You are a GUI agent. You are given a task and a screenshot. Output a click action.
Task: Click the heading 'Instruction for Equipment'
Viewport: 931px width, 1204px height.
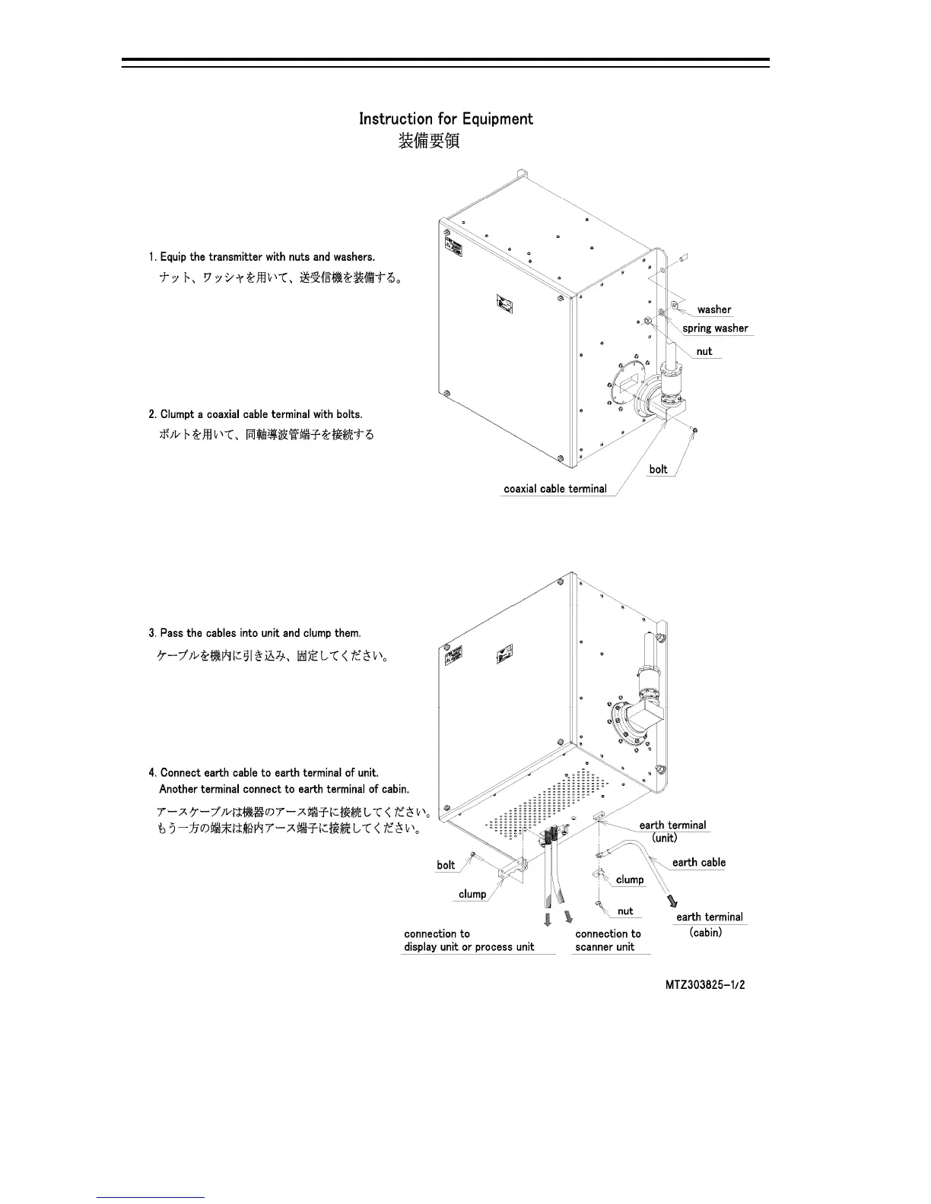[446, 119]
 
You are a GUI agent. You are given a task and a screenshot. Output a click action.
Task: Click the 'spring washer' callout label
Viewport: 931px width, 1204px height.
[715, 328]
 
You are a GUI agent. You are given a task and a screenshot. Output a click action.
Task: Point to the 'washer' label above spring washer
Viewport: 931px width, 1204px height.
[713, 309]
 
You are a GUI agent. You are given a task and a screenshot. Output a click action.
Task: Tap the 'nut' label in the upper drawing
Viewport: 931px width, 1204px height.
[704, 351]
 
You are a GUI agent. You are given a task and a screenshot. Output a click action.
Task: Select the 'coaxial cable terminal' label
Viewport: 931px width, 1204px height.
[555, 489]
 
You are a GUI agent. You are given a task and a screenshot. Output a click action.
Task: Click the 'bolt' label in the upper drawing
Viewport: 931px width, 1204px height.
[658, 469]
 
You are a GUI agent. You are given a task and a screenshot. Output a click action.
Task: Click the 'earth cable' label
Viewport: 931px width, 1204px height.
[698, 862]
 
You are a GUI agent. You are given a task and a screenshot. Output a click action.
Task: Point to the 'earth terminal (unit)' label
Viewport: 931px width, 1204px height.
[672, 831]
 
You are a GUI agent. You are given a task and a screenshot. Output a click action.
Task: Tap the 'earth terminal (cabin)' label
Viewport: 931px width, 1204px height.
[709, 924]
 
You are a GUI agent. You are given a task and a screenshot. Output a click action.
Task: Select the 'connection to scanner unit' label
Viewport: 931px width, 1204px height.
[608, 940]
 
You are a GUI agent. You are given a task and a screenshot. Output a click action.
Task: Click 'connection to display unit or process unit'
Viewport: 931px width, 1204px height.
[469, 940]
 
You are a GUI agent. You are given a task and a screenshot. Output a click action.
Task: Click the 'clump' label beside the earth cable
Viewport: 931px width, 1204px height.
[630, 879]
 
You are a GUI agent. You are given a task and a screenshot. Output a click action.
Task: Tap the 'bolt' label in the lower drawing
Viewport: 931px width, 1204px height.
[446, 865]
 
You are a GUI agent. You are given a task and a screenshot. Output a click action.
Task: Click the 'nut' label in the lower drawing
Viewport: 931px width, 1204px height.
[625, 911]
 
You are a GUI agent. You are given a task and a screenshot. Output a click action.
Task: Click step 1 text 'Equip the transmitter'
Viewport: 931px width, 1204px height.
[262, 257]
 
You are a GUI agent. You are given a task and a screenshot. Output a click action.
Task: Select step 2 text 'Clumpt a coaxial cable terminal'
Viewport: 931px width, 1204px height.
[256, 414]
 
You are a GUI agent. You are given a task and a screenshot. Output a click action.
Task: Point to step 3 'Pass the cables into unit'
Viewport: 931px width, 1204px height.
[255, 633]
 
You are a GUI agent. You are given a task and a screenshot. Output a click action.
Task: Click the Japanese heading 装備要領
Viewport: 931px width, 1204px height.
[429, 141]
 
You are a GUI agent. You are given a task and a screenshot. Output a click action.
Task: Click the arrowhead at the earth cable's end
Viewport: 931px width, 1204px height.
[671, 901]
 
